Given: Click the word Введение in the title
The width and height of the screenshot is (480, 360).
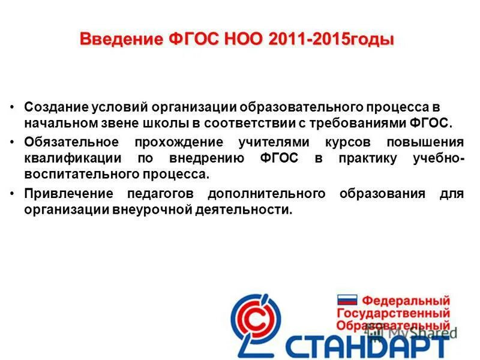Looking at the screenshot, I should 119,40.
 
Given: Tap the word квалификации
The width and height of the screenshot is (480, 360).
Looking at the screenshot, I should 67,159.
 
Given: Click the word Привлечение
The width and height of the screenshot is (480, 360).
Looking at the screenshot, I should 69,194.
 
